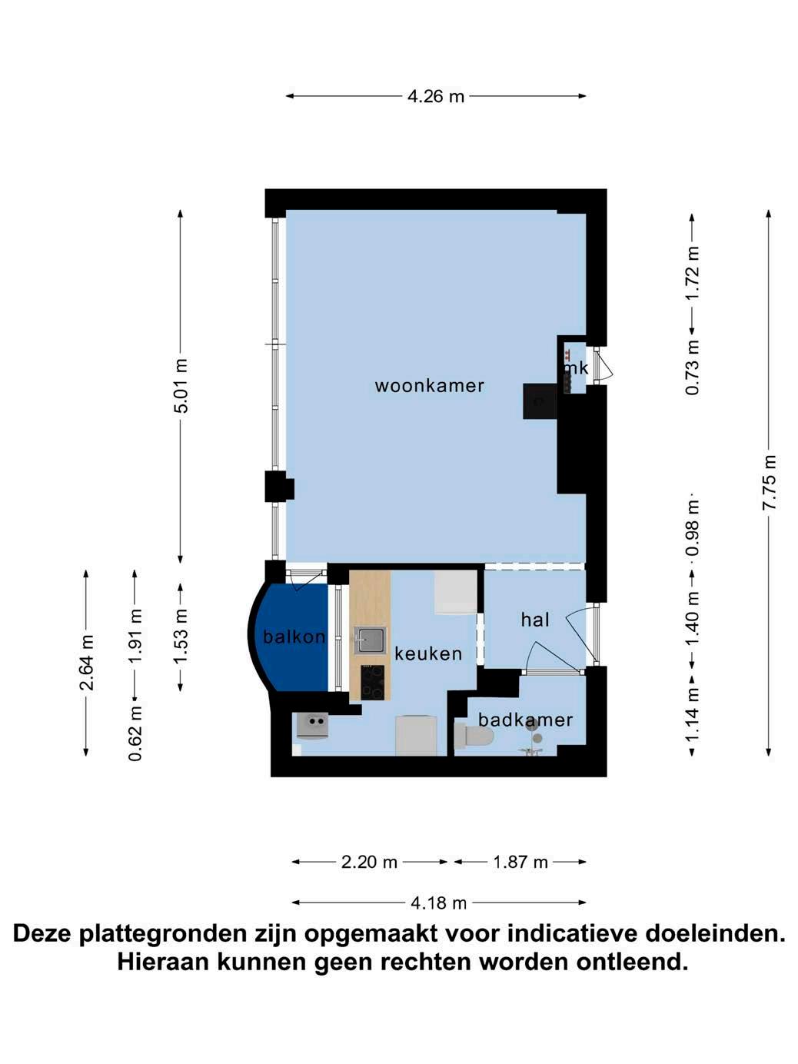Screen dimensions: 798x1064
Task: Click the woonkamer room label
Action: pos(429,386)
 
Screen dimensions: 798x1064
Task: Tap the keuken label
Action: pos(428,654)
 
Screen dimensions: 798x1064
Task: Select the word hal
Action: pos(535,620)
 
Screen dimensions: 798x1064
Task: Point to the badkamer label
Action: pos(525,720)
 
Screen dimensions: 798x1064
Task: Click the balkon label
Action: pos(294,637)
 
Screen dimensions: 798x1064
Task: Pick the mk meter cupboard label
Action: pos(577,368)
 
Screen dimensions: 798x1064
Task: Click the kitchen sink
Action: pos(371,640)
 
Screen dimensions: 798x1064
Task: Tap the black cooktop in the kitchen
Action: pos(373,682)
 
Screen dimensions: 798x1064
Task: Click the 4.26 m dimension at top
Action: pos(436,96)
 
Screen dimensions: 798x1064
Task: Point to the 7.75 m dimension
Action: pos(769,482)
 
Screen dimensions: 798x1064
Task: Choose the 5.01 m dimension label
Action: pos(181,385)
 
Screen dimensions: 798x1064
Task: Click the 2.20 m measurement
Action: pos(369,862)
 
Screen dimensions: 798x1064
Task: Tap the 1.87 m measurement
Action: pos(520,862)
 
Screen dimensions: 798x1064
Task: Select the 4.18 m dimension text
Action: pos(438,903)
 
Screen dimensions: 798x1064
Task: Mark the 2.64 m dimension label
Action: pos(87,662)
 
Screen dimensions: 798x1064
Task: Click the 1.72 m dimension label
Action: pos(693,274)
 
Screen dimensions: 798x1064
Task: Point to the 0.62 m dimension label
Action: pos(135,733)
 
